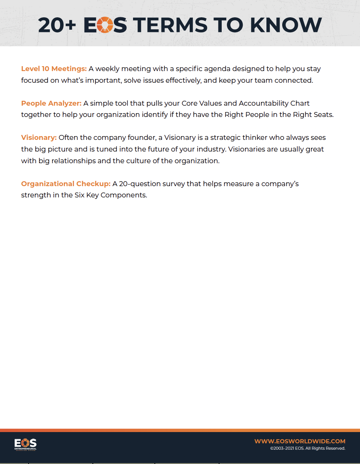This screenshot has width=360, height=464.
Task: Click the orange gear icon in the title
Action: (105, 25)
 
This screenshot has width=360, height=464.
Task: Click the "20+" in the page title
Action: (57, 25)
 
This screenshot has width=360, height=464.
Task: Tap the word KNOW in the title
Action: (286, 25)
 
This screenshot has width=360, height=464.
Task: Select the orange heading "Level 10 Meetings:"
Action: (54, 69)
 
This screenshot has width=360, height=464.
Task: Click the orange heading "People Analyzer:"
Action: (51, 103)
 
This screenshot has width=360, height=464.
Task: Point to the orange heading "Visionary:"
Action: (39, 138)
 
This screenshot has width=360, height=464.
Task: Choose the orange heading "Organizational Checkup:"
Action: (66, 184)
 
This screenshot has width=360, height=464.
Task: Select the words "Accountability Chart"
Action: (274, 103)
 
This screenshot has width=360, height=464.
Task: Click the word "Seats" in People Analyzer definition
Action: (323, 115)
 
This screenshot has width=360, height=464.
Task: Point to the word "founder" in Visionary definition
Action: (142, 138)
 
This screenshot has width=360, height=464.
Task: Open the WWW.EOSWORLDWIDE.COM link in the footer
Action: (299, 441)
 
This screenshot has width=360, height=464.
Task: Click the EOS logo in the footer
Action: (26, 444)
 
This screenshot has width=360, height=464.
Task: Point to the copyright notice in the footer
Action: (307, 448)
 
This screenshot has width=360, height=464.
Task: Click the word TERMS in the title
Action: (170, 25)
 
